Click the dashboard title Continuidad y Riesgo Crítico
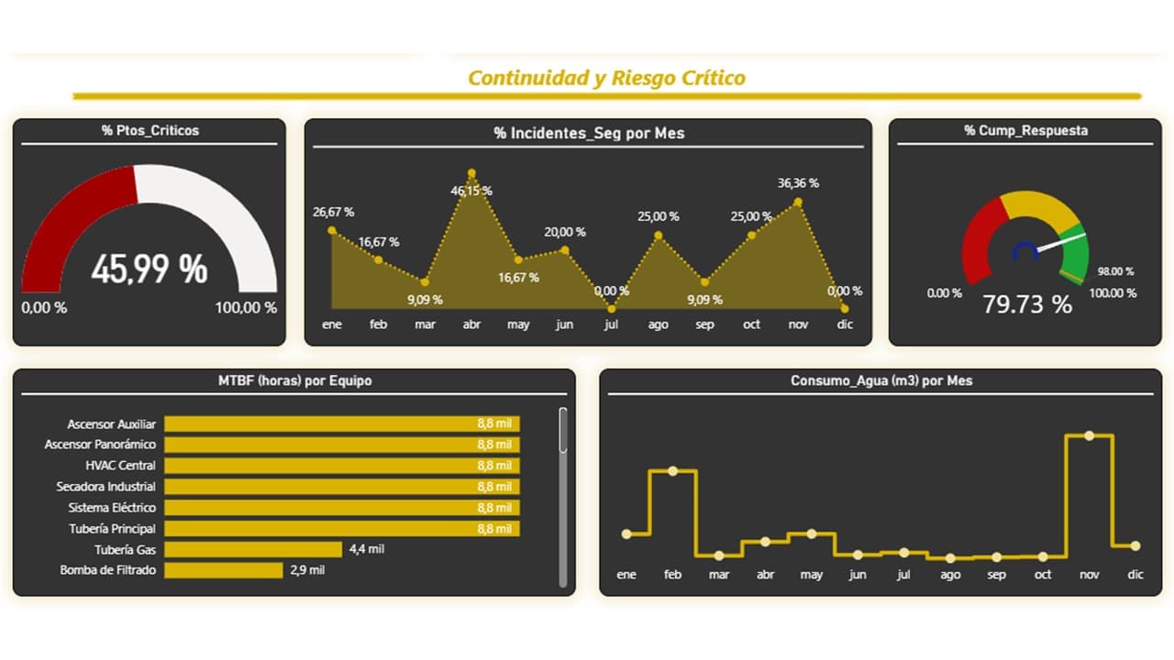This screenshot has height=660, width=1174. pyautogui.click(x=606, y=78)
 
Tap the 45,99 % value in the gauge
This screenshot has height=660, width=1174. pyautogui.click(x=150, y=269)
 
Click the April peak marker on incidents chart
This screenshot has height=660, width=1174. pyautogui.click(x=471, y=172)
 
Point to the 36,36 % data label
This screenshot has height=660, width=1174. pyautogui.click(x=798, y=183)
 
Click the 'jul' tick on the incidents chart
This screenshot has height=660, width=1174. pyautogui.click(x=611, y=324)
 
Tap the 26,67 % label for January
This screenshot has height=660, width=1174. pyautogui.click(x=333, y=212)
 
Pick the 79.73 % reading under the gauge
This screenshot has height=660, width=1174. pyautogui.click(x=1027, y=304)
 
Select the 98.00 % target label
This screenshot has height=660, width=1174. pyautogui.click(x=1115, y=271)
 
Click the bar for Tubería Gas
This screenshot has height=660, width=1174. pyautogui.click(x=253, y=549)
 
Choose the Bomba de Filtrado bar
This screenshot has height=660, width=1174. pyautogui.click(x=223, y=570)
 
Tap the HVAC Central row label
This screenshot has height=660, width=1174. pyautogui.click(x=120, y=466)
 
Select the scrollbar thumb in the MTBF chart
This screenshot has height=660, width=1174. pyautogui.click(x=563, y=431)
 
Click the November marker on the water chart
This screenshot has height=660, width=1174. pyautogui.click(x=1089, y=435)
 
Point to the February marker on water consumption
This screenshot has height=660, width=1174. pyautogui.click(x=672, y=471)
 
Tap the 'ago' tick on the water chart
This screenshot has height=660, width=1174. pyautogui.click(x=950, y=575)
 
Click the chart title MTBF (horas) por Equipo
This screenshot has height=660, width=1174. pyautogui.click(x=294, y=380)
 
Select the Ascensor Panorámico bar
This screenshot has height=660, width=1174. pyautogui.click(x=341, y=445)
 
